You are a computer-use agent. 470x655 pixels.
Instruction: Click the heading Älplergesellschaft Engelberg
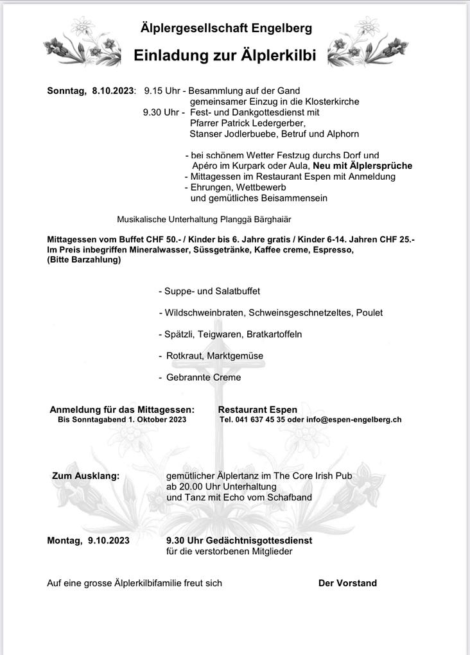(226, 28)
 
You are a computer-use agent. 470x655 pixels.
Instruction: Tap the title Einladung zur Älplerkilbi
(225, 56)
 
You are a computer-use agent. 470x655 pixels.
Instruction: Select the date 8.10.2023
(113, 91)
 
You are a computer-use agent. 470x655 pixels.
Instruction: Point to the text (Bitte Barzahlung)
(83, 260)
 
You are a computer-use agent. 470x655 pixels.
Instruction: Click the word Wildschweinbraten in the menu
(203, 313)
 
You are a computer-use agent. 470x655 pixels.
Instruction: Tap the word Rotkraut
(184, 356)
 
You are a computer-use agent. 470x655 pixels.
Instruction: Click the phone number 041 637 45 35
(262, 420)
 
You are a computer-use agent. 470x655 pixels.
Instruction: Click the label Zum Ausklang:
(85, 476)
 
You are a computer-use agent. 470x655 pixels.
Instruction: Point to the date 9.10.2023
(107, 541)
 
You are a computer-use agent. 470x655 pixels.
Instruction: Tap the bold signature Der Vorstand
(347, 583)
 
